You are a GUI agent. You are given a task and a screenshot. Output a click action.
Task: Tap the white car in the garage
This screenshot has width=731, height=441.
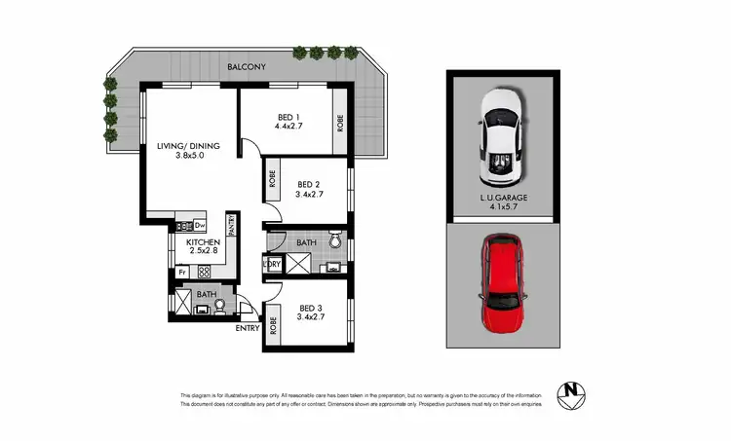[x=503, y=138]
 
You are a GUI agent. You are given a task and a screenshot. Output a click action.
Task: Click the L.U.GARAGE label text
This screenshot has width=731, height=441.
[x=503, y=199]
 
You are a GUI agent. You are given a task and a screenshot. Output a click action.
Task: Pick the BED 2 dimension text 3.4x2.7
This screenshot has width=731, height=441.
[x=310, y=195]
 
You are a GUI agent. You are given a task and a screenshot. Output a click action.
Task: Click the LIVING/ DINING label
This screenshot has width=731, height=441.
[x=188, y=147]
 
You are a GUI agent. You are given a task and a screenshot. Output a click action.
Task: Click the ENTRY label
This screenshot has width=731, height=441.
[x=248, y=328]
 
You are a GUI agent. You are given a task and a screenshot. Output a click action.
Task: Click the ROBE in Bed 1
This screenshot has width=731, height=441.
[x=339, y=125]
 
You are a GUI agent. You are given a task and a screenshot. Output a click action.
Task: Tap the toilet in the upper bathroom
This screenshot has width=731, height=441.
[x=334, y=238]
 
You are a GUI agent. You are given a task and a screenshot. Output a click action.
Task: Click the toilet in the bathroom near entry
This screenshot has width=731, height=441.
[x=220, y=305]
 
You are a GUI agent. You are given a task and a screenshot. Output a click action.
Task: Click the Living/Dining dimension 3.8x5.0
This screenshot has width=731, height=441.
[x=188, y=158]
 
